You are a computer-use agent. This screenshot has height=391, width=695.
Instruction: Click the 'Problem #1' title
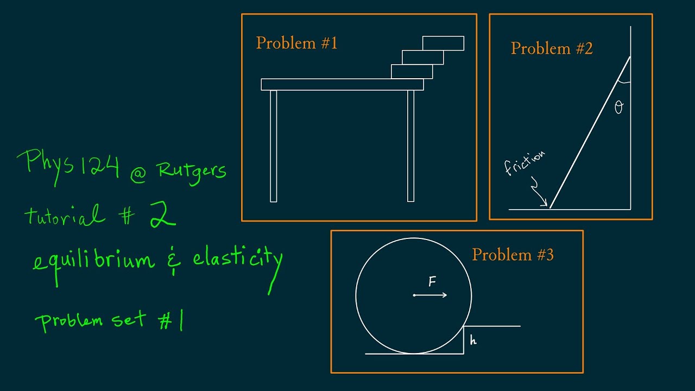coord(296,43)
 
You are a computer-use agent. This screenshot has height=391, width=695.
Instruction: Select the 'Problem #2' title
coord(552,49)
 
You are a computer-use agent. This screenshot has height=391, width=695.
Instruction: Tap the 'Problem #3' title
coord(513,255)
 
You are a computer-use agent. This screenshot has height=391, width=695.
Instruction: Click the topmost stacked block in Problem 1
coord(443,43)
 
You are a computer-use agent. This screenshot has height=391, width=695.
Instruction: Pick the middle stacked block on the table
coord(422,57)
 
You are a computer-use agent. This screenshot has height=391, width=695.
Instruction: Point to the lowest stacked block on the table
coord(412,72)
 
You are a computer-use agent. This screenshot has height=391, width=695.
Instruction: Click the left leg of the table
coord(273,146)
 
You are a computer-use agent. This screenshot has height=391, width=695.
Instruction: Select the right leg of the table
coord(410,146)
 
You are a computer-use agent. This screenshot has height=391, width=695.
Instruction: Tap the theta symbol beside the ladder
coord(618,108)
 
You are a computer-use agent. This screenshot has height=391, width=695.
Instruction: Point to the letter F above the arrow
coord(432,281)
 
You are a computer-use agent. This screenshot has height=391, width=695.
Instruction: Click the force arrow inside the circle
coord(431,295)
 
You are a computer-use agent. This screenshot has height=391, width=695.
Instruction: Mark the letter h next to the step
coord(473,340)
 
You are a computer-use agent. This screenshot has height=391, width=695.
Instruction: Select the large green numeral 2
coord(161,213)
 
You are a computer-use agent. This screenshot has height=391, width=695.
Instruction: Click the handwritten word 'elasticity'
coord(238,258)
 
